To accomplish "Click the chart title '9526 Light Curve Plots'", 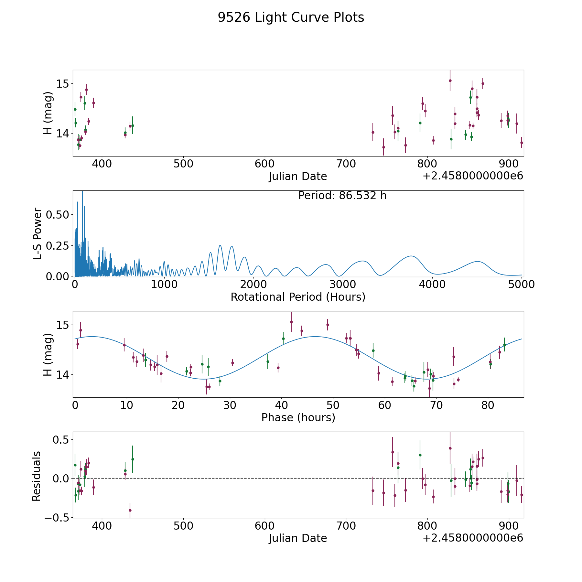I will click(291, 17).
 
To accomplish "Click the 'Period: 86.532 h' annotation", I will click(342, 196).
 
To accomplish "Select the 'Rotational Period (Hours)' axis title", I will click(298, 297).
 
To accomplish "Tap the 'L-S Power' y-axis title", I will click(38, 233).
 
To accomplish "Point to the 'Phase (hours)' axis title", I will click(298, 417).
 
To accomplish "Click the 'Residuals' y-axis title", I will click(36, 476).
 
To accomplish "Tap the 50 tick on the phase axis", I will click(333, 405).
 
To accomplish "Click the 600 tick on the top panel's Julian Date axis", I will click(264, 164).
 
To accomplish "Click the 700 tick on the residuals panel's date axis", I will click(346, 526).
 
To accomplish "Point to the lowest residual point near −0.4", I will click(130, 510).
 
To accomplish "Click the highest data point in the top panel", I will click(450, 81).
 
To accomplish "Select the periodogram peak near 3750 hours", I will click(411, 256).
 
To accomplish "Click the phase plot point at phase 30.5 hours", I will click(232, 363).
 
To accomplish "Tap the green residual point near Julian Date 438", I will click(133, 459).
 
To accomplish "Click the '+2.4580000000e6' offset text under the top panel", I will click(473, 176).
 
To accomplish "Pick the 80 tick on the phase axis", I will click(488, 405).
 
